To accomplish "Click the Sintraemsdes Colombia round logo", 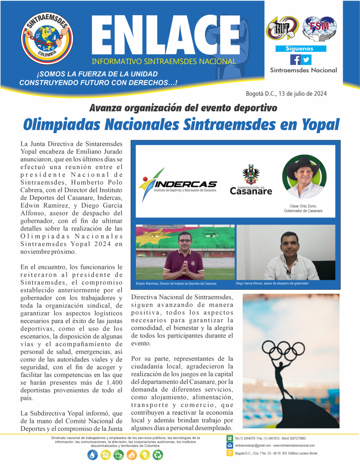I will pos(48,38).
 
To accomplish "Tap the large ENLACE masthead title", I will pos(165,36).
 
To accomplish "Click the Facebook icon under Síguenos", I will pos(295,60).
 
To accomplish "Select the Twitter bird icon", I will pos(306,60).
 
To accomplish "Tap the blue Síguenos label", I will pos(300,49).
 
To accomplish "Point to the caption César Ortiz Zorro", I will pos(303,206).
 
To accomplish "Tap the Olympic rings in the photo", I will pos(280,349).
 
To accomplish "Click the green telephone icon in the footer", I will pos(230,438).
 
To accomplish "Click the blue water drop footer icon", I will pos(93,455).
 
